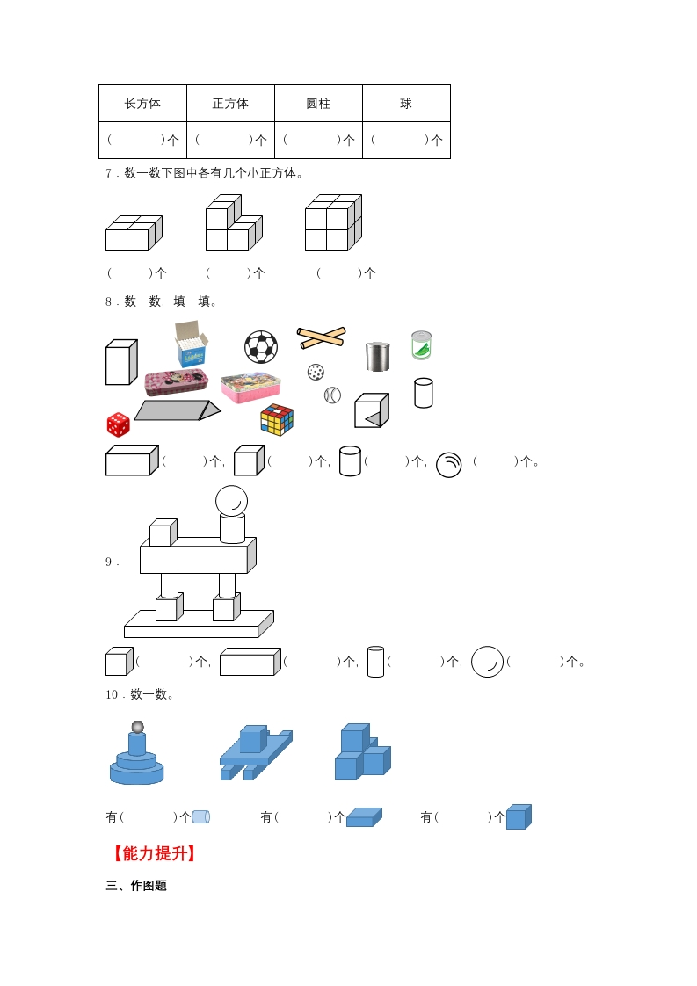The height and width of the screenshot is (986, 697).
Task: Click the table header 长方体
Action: (142, 104)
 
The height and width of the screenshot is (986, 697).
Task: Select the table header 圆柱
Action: (318, 104)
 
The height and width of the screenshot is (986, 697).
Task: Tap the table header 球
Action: (406, 104)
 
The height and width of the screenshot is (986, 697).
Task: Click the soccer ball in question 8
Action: (261, 347)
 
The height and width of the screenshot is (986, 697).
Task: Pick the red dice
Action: (119, 424)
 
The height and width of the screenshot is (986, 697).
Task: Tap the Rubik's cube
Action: (278, 419)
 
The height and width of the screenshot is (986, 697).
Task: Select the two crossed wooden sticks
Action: (322, 337)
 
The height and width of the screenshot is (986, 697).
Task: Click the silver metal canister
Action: (377, 356)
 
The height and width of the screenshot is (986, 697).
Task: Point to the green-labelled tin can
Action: (422, 345)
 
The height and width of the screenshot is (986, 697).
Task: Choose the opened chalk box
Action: (192, 344)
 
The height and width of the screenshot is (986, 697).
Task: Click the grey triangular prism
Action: (178, 410)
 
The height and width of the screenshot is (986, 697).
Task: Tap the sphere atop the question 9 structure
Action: (231, 502)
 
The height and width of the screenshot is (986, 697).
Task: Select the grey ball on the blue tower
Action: (137, 728)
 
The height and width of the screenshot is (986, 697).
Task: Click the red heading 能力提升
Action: (154, 853)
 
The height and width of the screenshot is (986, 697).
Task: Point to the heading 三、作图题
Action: (136, 886)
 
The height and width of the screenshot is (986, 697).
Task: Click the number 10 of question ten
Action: (112, 694)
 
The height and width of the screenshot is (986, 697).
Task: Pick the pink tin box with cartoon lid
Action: (250, 388)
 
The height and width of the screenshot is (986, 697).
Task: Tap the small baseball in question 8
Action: (332, 395)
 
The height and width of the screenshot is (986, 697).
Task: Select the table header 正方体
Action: (230, 104)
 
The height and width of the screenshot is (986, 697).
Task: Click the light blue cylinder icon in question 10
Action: (200, 817)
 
